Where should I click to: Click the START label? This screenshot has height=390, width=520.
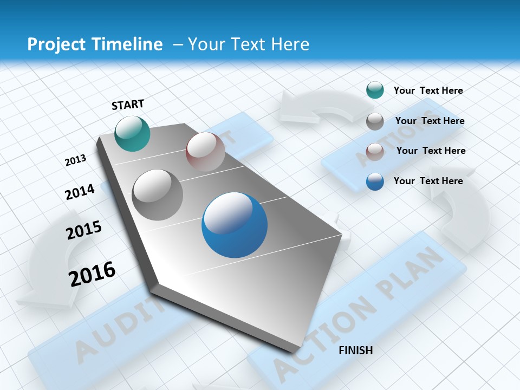point(128,105)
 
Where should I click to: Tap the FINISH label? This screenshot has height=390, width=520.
point(356,350)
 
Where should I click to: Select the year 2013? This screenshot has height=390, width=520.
point(75,160)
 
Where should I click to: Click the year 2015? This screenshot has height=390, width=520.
point(84,230)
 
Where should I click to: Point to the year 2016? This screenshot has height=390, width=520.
point(92,274)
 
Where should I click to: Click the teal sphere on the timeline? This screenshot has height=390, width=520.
point(132,133)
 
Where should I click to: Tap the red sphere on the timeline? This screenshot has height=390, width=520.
point(205,151)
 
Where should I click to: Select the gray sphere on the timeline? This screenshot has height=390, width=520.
point(158,194)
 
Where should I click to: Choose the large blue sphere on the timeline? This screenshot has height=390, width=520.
point(235,225)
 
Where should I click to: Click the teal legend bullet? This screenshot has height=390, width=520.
point(375,90)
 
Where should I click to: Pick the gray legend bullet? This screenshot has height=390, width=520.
point(375,121)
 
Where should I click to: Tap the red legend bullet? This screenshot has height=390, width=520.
point(375,152)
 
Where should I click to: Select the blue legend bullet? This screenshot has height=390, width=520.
point(375,181)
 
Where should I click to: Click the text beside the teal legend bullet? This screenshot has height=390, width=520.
point(428,91)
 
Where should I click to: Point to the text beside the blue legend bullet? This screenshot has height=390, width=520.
point(428,181)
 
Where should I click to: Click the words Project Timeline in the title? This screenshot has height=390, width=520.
point(95,44)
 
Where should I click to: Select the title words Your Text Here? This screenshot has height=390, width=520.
point(249,44)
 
